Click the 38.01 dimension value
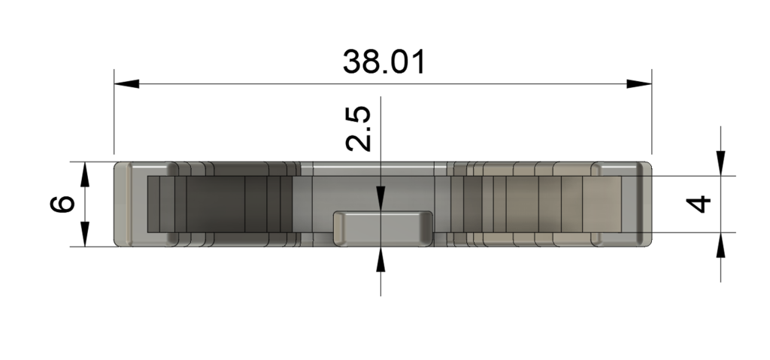(384, 62)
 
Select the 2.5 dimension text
(359, 128)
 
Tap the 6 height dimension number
(62, 204)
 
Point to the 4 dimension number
(698, 204)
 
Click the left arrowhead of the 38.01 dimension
(126, 83)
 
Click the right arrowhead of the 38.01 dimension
(639, 83)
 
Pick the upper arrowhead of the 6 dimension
(85, 174)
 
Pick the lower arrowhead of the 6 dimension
(85, 234)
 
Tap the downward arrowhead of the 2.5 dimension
(380, 199)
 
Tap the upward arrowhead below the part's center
(380, 259)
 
